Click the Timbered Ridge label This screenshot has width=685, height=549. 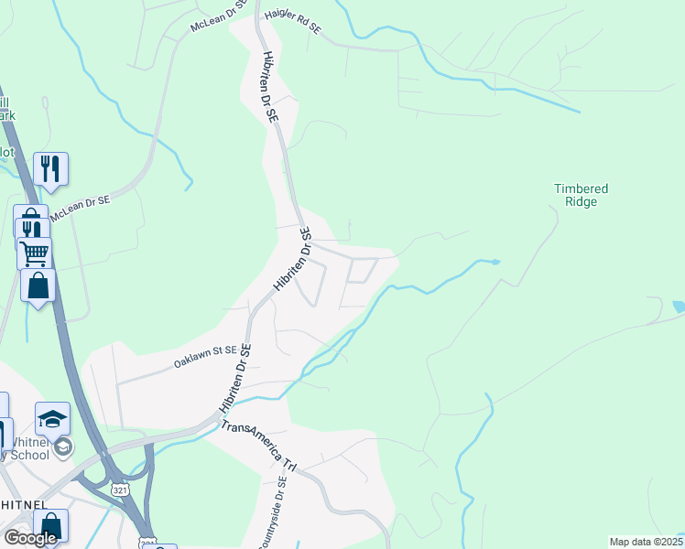(581, 195)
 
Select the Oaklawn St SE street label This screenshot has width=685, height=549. (206, 357)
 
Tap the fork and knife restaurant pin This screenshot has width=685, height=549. (50, 168)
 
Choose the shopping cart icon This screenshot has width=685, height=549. (34, 252)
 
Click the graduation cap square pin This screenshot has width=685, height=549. (52, 418)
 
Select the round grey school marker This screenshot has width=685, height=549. (63, 447)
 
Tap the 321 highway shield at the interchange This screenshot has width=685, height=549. (120, 491)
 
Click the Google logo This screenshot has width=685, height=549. (30, 538)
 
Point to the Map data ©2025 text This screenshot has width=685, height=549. (645, 542)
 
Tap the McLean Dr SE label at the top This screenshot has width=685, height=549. (219, 16)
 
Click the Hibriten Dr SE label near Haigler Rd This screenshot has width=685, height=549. (270, 87)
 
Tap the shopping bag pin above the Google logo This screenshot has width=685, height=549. (49, 525)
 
